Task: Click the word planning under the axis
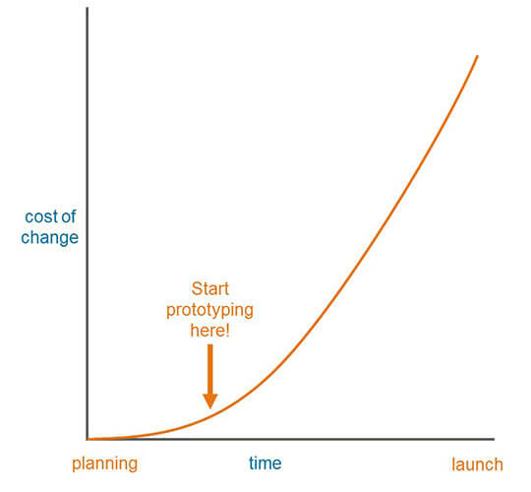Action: coord(104,463)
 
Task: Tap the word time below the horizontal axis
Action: coord(265,463)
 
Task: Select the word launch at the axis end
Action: coord(477,464)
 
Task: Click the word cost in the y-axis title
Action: coord(38,216)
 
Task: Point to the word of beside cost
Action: coord(70,216)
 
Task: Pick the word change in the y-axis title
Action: coord(49,237)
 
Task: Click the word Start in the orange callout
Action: coord(208,289)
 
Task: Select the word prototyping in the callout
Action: coord(208,310)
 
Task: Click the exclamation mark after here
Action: coord(227,331)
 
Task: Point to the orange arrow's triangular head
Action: coord(209,400)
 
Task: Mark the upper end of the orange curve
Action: coord(477,56)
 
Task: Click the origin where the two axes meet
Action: coord(88,439)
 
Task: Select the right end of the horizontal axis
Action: coord(494,439)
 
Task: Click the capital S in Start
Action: coord(195,289)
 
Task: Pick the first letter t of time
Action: coord(251,463)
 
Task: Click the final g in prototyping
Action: coord(247,312)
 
